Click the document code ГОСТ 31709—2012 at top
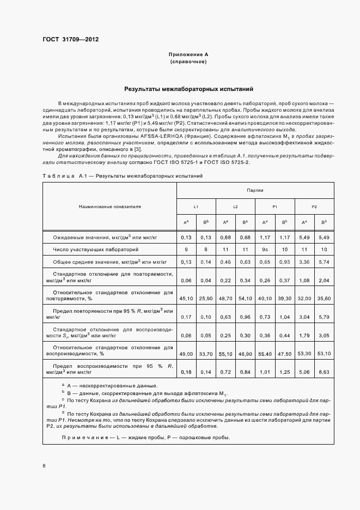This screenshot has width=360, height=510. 70,40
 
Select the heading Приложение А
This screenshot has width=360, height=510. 188,55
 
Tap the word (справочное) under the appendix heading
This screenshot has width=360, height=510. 188,62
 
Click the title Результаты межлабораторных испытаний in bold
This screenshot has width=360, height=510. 188,89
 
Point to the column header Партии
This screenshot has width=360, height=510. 255,191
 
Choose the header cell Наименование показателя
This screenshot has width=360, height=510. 109,207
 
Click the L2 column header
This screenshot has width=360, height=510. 235,207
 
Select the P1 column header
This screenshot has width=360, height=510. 275,207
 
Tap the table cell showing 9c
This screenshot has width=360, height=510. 265,249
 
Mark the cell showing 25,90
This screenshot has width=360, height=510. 206,299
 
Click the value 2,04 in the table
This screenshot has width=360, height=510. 324,280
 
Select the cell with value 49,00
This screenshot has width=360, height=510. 186,354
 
